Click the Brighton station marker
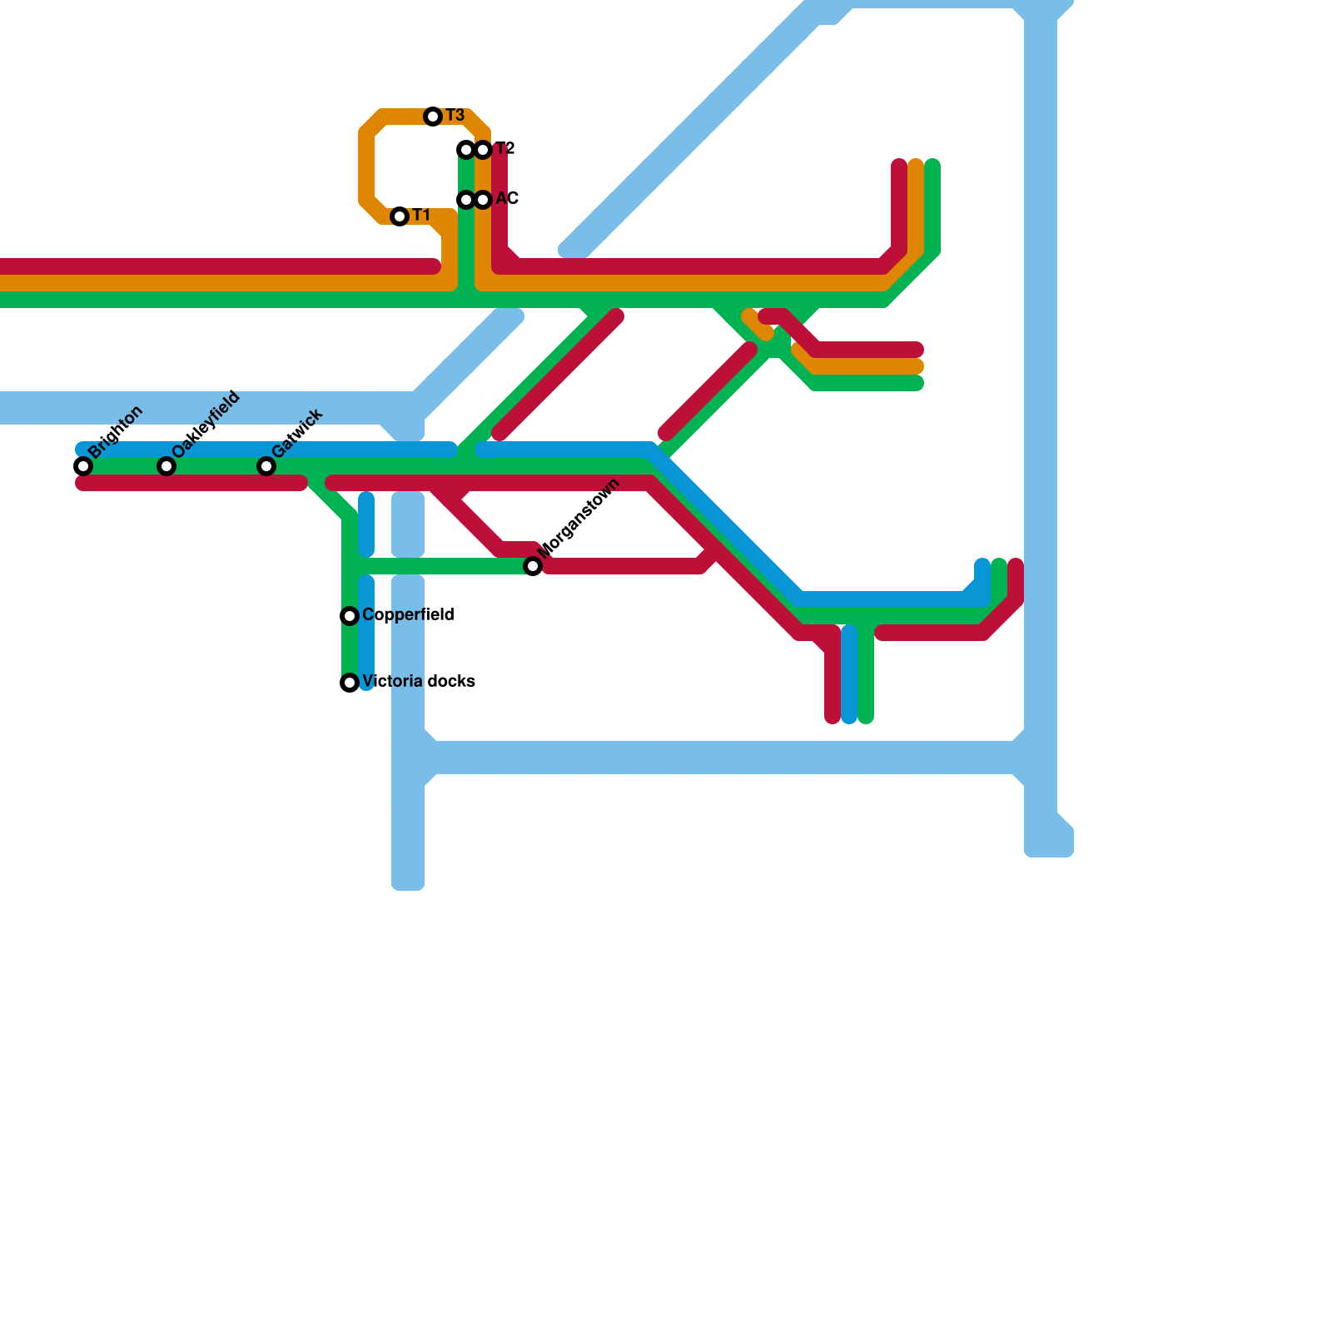coord(83,466)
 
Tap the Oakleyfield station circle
coord(166,466)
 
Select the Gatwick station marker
coord(266,466)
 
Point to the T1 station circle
coord(400,216)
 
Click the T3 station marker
coord(433,117)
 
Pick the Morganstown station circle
coord(533,566)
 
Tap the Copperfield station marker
coord(350,616)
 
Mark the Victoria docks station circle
coord(350,683)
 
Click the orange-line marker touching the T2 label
coord(483,150)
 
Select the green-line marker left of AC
coord(466,200)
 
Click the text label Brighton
coord(116,432)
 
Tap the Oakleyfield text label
coord(206,423)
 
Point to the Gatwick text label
coord(297,433)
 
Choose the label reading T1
coord(421,216)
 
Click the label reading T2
coord(505,149)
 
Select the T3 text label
coord(455,116)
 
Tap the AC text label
coord(507,199)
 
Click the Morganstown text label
coord(579,519)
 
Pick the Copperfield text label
coord(408,615)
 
